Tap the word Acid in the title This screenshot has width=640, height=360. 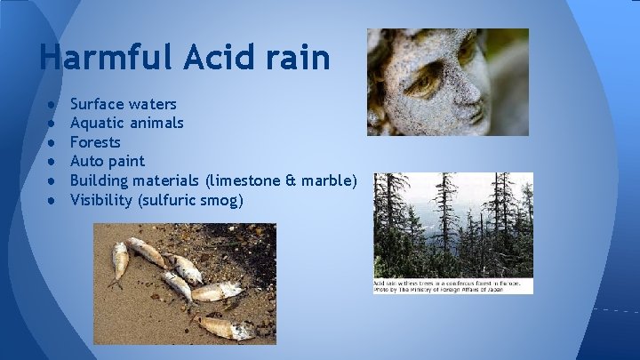click(221, 58)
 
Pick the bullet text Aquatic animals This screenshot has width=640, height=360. click(127, 123)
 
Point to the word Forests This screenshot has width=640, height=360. click(95, 142)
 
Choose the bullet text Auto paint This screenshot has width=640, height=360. click(107, 161)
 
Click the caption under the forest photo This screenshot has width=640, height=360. click(452, 285)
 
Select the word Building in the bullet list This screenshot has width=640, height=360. click(99, 180)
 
